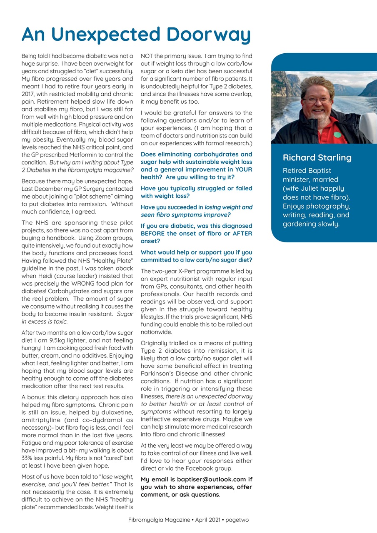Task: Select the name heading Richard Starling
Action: click(x=317, y=158)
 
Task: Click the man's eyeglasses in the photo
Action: click(x=317, y=100)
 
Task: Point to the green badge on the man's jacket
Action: click(x=337, y=134)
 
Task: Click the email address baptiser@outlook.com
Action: click(x=207, y=479)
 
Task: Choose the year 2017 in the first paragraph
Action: click(x=28, y=95)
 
